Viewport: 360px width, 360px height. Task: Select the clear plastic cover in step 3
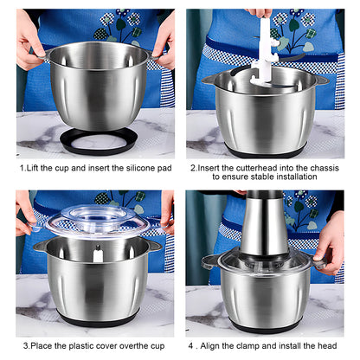pos(98,222)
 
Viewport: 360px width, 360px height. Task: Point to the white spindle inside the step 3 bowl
pos(98,254)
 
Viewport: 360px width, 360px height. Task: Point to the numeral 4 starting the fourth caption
pos(191,345)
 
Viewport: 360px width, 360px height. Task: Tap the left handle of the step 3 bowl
pos(41,246)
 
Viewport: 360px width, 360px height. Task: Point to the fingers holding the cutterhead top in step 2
pos(260,13)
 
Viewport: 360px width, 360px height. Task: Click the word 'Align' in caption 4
pos(210,345)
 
